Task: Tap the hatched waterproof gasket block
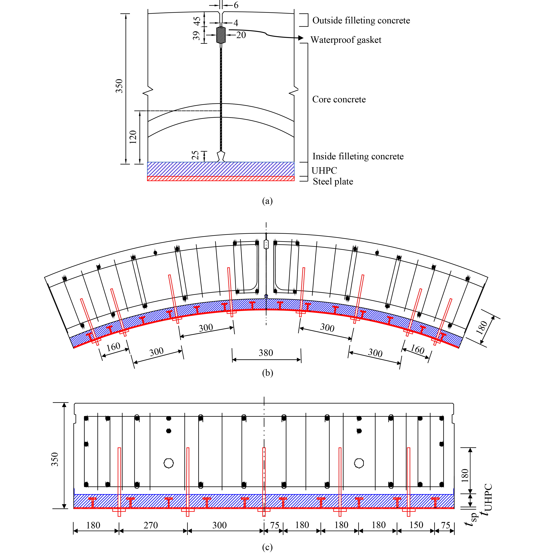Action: pos(221,35)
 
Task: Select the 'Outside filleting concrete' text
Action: pos(361,20)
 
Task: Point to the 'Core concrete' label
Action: pos(339,99)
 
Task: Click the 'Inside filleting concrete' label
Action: pos(358,156)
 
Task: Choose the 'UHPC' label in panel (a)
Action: pos(324,171)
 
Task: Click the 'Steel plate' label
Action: pos(333,181)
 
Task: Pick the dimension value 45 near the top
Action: pos(197,21)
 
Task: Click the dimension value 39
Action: pos(196,35)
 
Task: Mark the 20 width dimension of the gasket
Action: pos(241,35)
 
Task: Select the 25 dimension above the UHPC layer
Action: pos(195,155)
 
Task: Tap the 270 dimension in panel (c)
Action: pos(151,525)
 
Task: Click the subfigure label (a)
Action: pos(267,201)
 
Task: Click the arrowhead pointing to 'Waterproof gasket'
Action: pos(300,38)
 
